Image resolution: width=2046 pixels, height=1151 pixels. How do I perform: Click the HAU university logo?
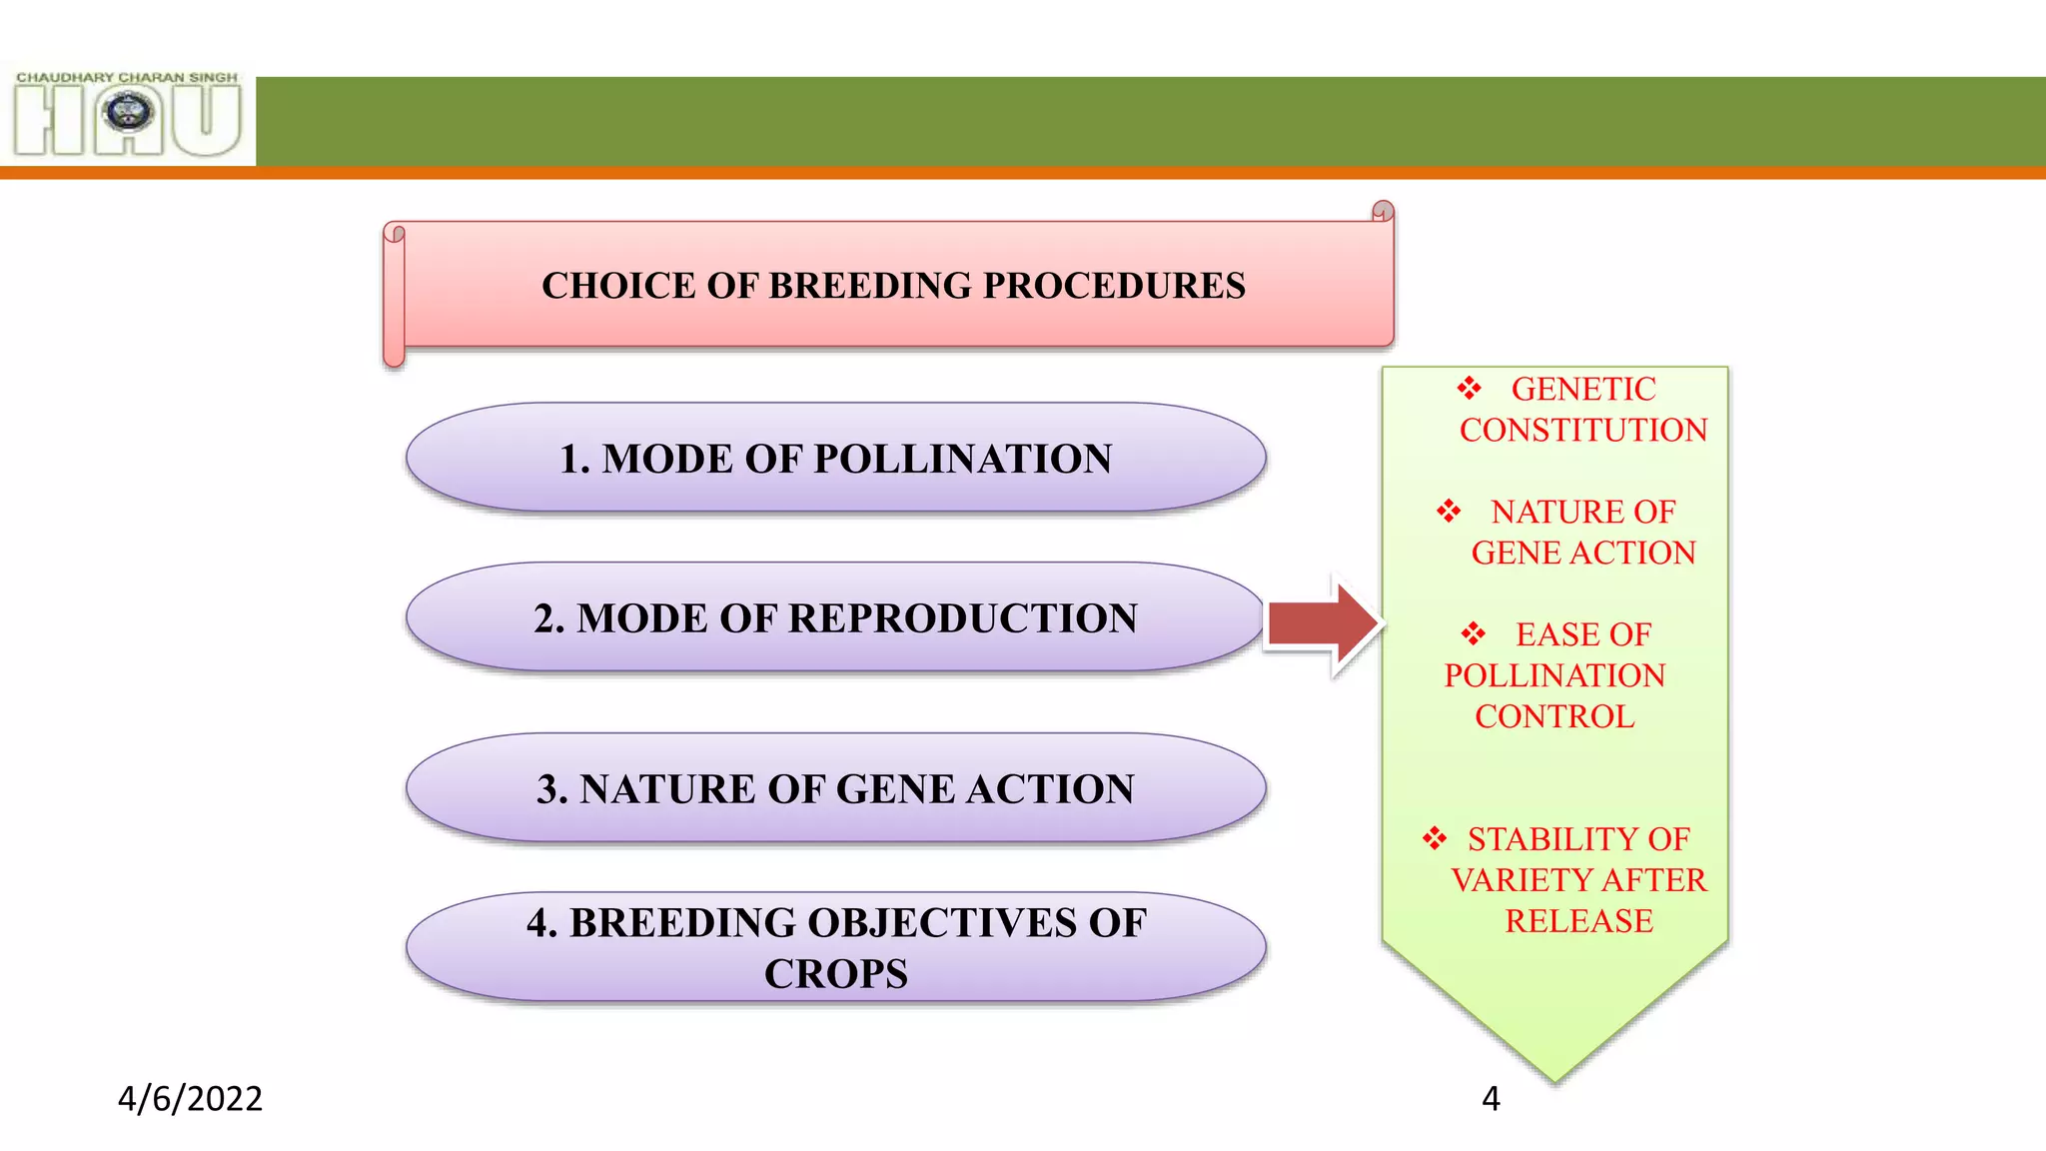point(128,118)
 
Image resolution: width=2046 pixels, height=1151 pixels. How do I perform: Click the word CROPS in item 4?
point(836,974)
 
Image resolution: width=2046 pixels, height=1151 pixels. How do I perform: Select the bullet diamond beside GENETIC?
point(1469,388)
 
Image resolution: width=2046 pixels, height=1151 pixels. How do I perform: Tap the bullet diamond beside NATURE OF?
point(1449,512)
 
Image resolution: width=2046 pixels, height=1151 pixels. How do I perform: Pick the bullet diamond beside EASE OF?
point(1473,633)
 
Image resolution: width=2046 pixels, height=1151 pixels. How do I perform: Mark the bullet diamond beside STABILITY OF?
point(1435,838)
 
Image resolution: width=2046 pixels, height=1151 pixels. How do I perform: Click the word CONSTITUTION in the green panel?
point(1583,431)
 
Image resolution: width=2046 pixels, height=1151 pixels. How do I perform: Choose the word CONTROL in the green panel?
point(1554,716)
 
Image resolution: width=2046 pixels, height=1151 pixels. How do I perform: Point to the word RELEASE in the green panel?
point(1578,921)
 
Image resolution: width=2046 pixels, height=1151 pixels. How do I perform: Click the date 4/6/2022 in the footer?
point(190,1099)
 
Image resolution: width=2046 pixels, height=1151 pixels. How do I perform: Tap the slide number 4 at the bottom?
point(1491,1099)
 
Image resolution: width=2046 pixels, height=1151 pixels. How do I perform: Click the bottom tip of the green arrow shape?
point(1554,1077)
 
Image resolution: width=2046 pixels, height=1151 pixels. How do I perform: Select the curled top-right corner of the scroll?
point(1383,211)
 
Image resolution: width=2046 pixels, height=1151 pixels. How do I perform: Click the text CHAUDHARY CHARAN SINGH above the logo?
point(127,77)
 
